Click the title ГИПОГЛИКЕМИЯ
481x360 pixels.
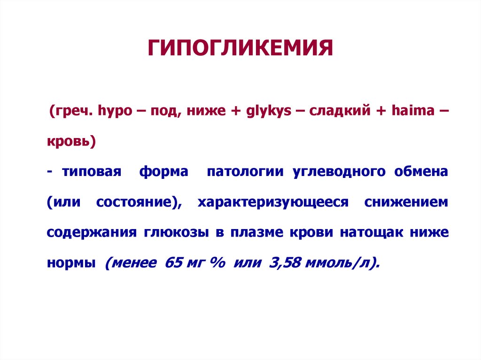(x=240, y=48)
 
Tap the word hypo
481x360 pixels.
(x=113, y=112)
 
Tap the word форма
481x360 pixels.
(x=163, y=172)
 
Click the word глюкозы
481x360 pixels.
(x=174, y=233)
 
